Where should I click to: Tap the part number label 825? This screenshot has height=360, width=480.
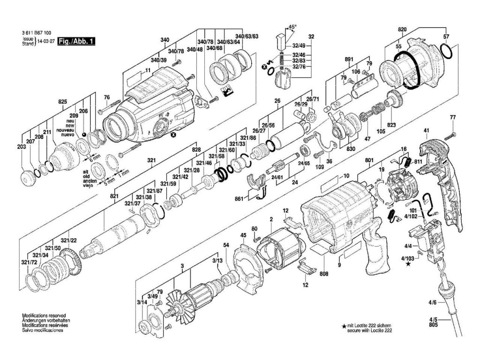point(63,102)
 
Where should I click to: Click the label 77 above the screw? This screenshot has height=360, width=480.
point(453,117)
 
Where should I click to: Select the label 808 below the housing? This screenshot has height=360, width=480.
point(322,274)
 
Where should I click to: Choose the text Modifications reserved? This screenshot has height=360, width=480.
point(44,315)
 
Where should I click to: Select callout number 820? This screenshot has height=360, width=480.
point(402,29)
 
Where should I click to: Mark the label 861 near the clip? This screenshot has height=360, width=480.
point(239,199)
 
